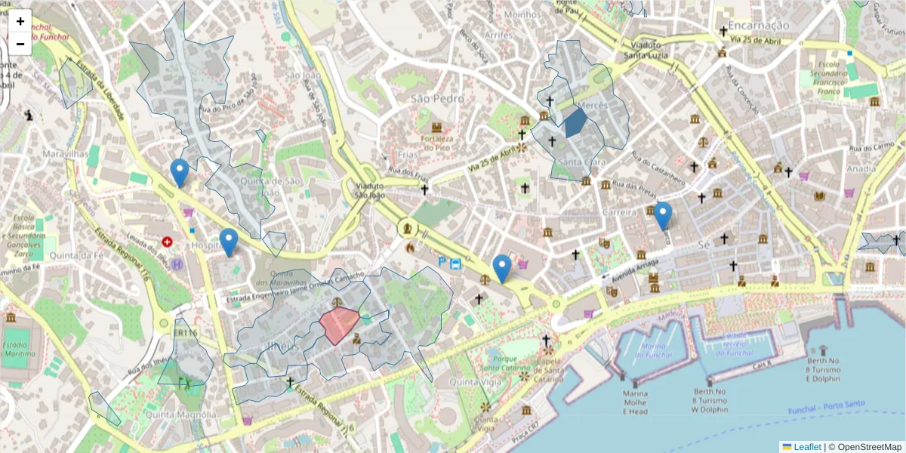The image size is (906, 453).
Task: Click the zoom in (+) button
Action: click(x=20, y=21)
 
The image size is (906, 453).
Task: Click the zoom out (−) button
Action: click(x=20, y=44)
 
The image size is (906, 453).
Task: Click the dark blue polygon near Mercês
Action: click(x=575, y=122)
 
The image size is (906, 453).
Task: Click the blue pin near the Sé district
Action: click(x=663, y=216)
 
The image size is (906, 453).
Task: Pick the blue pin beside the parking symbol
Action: click(x=502, y=269)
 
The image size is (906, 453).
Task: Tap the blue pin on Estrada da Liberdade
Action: click(x=179, y=173)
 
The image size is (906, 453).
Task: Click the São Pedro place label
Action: click(x=437, y=99)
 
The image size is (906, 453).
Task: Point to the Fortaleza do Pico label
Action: click(x=437, y=143)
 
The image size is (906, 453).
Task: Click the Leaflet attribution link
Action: click(x=806, y=447)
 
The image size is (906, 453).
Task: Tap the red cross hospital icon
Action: click(x=167, y=242)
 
